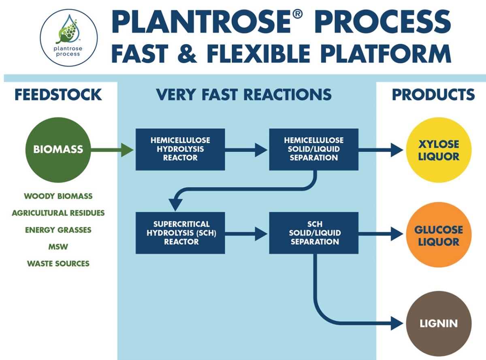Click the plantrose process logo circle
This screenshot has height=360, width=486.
point(69,37)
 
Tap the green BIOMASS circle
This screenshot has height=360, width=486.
point(58,149)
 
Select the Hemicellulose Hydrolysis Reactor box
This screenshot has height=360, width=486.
point(180,149)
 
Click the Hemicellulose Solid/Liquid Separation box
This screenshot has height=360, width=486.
point(313,149)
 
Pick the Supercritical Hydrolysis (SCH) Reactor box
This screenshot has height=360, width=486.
point(180,233)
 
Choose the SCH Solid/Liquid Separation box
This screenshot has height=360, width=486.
point(313,233)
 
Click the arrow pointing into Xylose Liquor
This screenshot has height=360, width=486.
point(381,150)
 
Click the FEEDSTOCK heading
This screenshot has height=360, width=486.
point(58,95)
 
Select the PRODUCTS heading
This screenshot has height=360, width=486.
point(433,95)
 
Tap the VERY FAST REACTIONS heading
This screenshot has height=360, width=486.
point(244,95)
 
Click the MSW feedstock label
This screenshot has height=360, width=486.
point(58,247)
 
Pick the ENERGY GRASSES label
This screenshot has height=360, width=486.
point(58,230)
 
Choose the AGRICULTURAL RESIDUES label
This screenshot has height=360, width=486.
point(58,213)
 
